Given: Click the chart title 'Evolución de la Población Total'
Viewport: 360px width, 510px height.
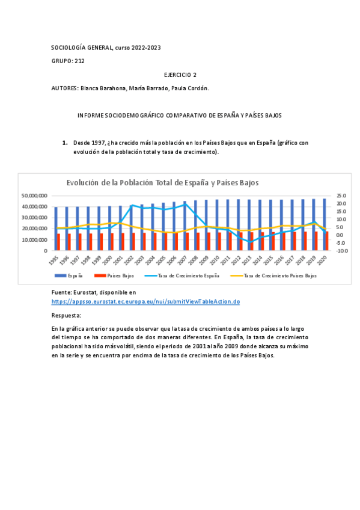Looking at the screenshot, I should [x=162, y=183].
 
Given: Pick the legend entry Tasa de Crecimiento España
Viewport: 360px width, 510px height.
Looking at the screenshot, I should [x=189, y=275].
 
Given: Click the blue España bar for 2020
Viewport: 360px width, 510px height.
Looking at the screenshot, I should [x=324, y=224].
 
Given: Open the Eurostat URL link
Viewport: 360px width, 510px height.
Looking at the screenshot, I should [x=145, y=301].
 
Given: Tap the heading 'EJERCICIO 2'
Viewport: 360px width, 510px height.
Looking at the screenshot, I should [x=180, y=75].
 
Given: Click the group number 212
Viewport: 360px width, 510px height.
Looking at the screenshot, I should [x=80, y=61].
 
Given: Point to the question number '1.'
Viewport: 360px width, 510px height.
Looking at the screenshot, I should [x=65, y=143].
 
